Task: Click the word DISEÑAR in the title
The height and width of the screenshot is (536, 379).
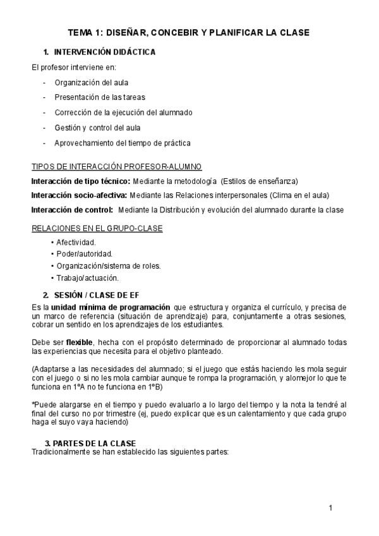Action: tap(132, 33)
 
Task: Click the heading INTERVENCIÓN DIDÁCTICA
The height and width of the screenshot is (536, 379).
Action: tap(105, 52)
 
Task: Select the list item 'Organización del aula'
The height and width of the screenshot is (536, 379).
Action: tap(92, 82)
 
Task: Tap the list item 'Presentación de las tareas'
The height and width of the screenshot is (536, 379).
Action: tap(100, 97)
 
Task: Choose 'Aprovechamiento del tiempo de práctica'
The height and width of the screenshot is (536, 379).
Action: tap(123, 143)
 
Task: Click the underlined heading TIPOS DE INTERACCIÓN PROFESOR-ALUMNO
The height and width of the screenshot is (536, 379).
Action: tap(117, 167)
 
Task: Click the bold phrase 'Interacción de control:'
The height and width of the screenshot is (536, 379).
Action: tap(73, 210)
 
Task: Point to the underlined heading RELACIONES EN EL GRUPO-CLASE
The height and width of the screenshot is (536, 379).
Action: tap(97, 228)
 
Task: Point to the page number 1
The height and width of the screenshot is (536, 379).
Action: tap(330, 508)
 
